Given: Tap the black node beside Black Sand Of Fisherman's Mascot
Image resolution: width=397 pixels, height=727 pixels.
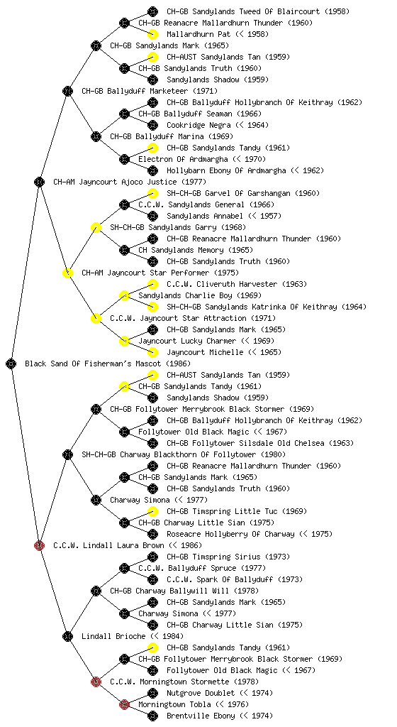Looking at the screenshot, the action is pos(11,363).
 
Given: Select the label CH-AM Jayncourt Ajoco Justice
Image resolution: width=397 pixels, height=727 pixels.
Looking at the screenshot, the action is pos(116,182).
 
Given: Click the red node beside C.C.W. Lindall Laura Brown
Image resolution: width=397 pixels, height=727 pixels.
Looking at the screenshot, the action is pos(39,545).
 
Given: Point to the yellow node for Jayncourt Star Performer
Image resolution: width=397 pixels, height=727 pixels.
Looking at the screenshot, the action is pos(67,273).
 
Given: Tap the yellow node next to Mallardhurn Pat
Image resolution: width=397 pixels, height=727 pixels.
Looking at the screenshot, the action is pos(152,34).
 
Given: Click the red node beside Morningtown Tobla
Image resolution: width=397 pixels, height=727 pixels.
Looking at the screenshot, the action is pos(124,704).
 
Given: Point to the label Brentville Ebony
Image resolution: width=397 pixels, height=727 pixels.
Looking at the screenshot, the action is pos(201,716).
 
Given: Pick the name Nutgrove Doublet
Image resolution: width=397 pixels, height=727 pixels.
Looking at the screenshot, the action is pos(201,693).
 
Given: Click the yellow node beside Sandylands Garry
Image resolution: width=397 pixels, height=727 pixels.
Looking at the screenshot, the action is pos(96,227).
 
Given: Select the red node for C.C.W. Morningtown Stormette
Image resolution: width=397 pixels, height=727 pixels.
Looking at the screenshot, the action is pos(96,682).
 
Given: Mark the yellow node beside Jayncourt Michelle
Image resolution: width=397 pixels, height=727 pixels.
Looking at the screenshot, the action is pos(152,352).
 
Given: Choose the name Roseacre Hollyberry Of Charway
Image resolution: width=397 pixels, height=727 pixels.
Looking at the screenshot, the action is pos(230,534).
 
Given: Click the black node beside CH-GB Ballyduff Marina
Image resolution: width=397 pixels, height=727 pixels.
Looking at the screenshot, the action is pos(96,136).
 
